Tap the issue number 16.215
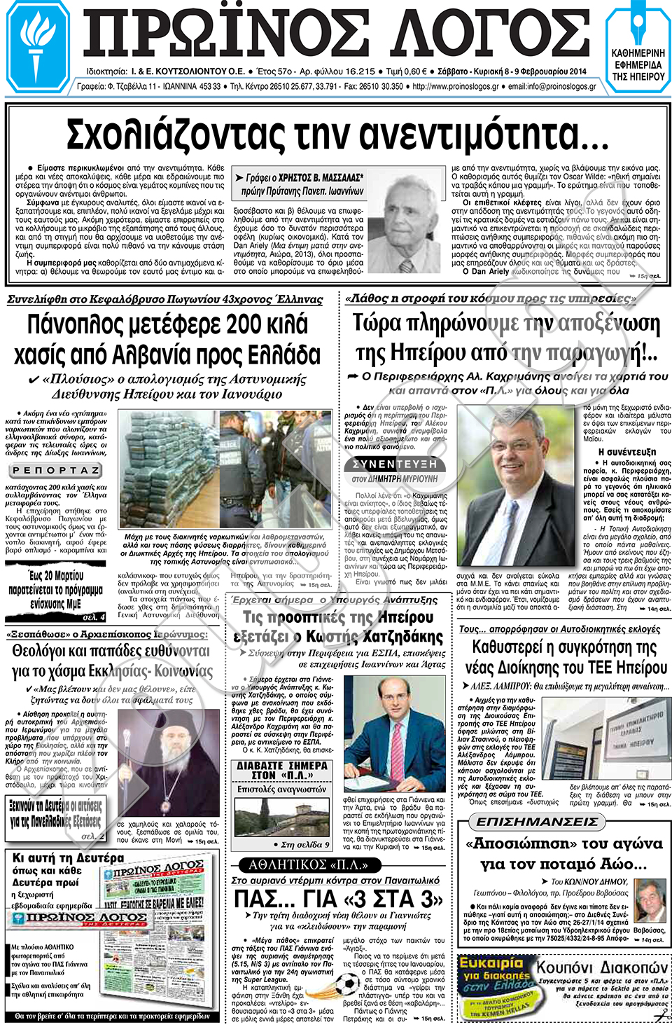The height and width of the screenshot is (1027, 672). pyautogui.click(x=360, y=71)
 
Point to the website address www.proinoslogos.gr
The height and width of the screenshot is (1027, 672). pyautogui.click(x=455, y=87)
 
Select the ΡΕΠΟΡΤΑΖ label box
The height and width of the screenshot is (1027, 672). pyautogui.click(x=57, y=470)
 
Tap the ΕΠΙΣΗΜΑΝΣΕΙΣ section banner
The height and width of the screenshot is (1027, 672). pyautogui.click(x=537, y=821)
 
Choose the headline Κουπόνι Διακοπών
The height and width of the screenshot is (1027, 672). pyautogui.click(x=602, y=967)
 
